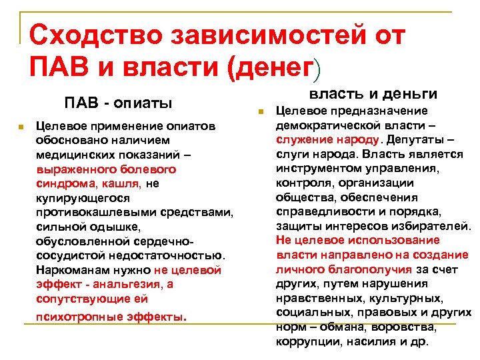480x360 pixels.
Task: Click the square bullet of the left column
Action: click(x=22, y=126)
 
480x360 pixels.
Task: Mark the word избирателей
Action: click(x=436, y=226)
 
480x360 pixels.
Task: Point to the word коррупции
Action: click(x=306, y=342)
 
